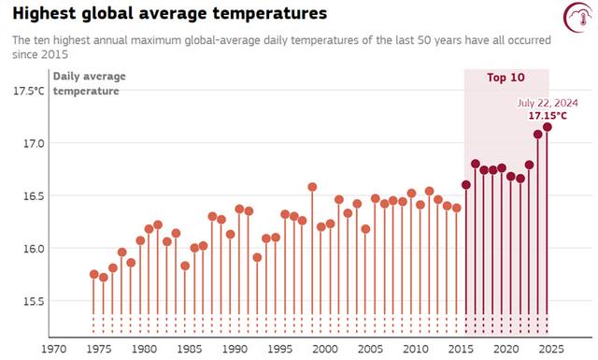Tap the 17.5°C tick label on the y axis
(28, 91)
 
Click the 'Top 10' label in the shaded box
(505, 78)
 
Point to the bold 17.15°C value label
(548, 116)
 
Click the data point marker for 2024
(548, 127)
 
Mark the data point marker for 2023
(538, 134)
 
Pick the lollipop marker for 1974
(93, 274)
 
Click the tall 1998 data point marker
(312, 187)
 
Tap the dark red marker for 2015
(466, 184)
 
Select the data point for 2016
(475, 164)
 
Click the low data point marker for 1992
(257, 257)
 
